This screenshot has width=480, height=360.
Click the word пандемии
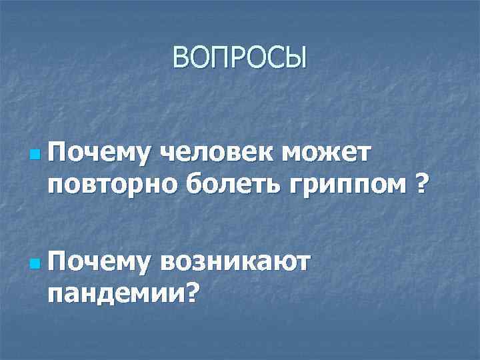pos(115,291)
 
